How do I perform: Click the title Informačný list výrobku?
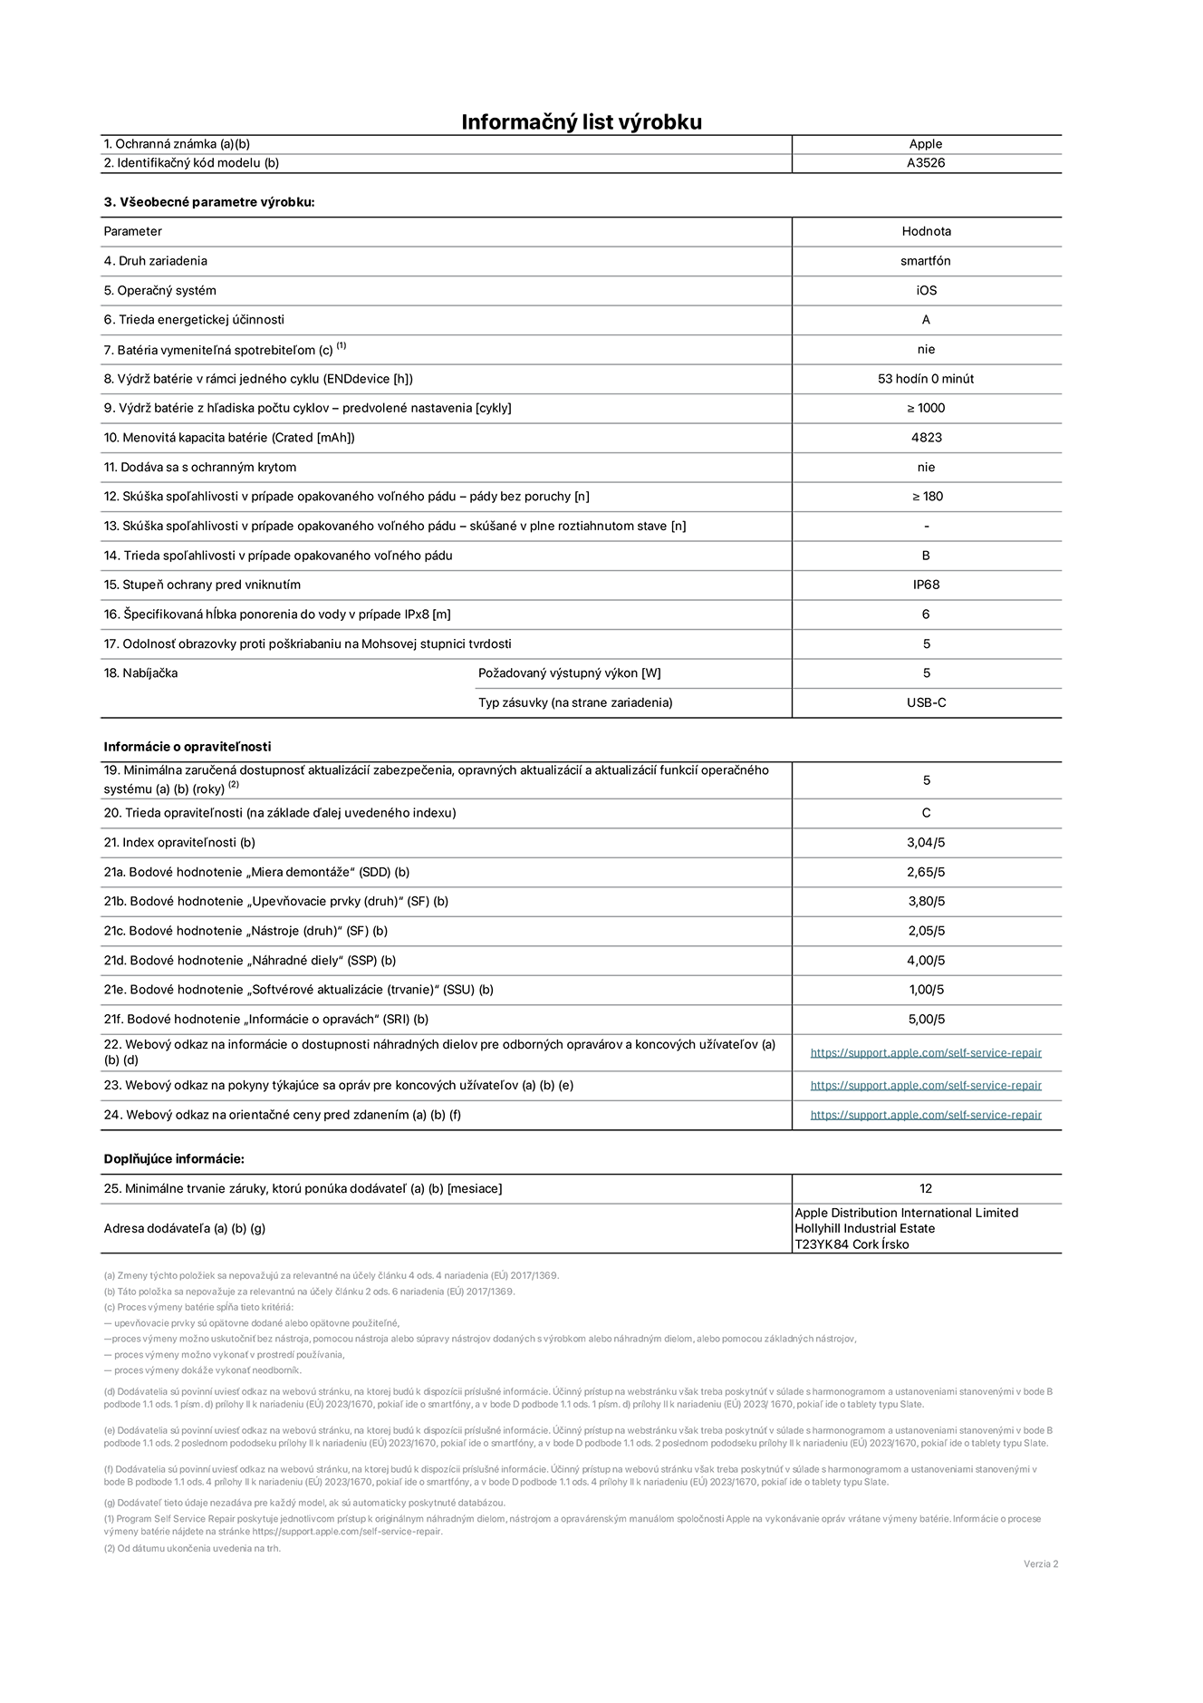coord(582,122)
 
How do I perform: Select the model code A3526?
coord(926,163)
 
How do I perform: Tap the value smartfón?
coord(926,261)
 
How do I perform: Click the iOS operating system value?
coord(926,291)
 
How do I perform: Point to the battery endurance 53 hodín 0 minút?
coord(926,379)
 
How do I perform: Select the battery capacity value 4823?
coord(926,438)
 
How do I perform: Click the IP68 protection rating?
coord(926,585)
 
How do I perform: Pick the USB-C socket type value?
coord(926,702)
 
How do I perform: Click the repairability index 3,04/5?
coord(926,843)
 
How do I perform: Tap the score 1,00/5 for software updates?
coord(926,990)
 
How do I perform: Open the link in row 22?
coord(926,1053)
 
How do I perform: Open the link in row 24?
coord(926,1115)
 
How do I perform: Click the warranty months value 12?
coord(926,1188)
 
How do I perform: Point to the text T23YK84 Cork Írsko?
coord(852,1244)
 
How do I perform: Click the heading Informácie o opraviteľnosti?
coord(188,747)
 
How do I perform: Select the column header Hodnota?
coord(926,231)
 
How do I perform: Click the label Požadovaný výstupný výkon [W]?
coord(569,673)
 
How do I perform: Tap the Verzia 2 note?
coord(1040,1563)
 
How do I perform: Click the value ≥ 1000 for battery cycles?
coord(926,408)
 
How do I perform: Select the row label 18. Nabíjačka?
coord(140,673)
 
